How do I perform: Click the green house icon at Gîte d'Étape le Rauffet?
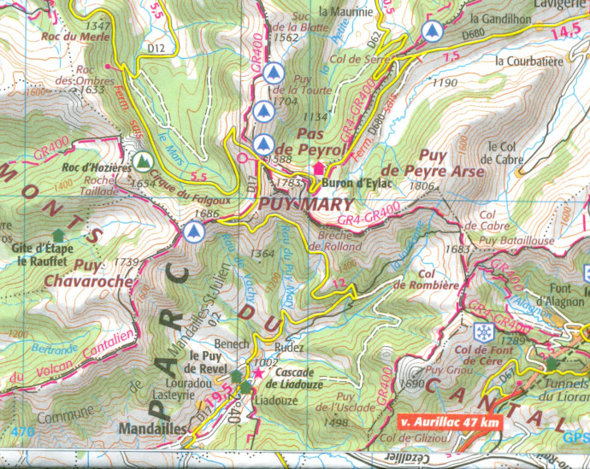[x=58, y=235]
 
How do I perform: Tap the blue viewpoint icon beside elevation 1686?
[x=194, y=231]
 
